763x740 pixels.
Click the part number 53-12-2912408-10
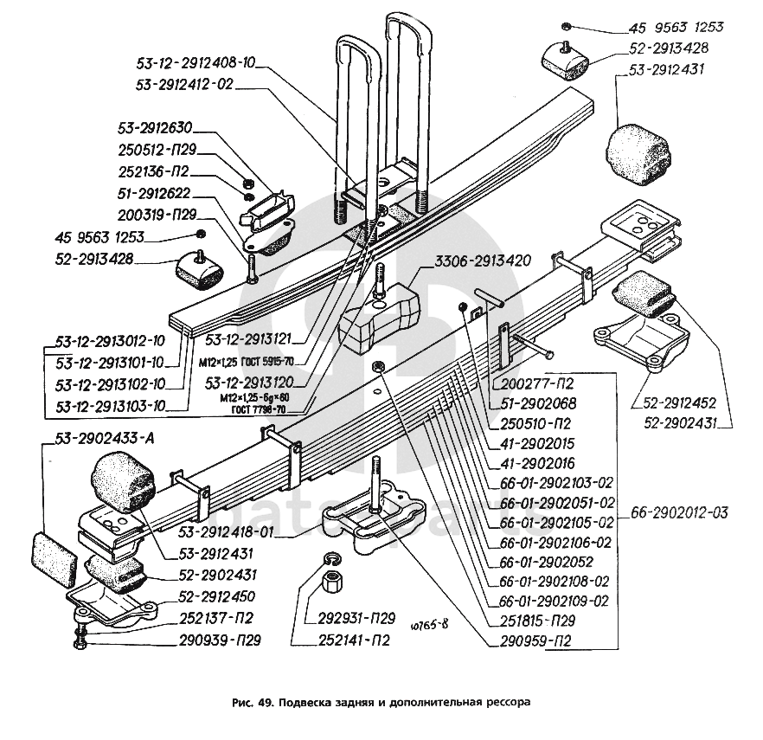coord(197,63)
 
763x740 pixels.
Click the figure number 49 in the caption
coord(263,703)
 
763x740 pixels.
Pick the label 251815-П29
coord(537,621)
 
